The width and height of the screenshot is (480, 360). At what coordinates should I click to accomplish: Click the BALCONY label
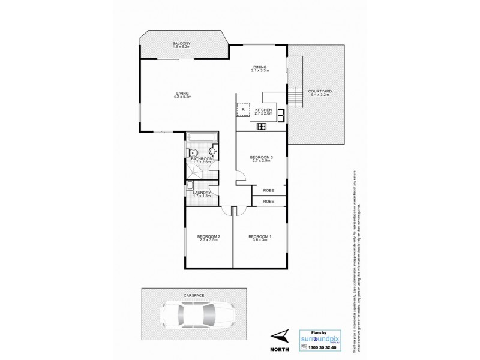click(x=181, y=44)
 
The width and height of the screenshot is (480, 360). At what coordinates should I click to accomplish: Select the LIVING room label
click(x=182, y=93)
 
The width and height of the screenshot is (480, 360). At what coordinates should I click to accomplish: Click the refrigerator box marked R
click(x=244, y=110)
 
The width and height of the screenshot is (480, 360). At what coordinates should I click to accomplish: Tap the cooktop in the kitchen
click(x=262, y=126)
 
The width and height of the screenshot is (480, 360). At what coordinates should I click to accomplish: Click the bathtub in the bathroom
click(x=201, y=138)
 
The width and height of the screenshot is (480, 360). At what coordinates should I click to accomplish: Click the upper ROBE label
click(x=268, y=191)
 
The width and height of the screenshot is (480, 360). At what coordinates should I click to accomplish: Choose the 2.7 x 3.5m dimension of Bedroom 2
click(x=209, y=241)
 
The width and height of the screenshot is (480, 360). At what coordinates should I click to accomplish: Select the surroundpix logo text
click(x=325, y=336)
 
